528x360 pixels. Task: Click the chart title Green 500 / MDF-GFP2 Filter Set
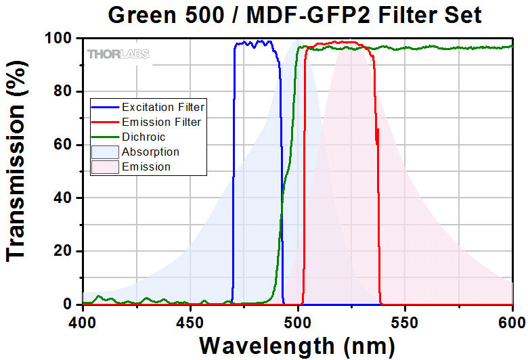tap(297, 15)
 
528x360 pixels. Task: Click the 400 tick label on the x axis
tap(83, 318)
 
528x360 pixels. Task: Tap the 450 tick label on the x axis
tap(190, 318)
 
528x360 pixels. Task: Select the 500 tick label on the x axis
tap(298, 318)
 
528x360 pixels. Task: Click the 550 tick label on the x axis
tap(405, 318)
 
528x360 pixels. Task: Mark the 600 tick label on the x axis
tap(512, 318)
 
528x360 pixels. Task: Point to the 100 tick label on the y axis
tap(61, 39)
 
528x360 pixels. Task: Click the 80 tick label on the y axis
tap(66, 92)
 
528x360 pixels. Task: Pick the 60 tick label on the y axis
tap(66, 145)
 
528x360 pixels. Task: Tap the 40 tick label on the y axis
tap(66, 198)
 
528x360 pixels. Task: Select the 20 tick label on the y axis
tap(66, 252)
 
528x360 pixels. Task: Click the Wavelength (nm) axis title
tap(297, 344)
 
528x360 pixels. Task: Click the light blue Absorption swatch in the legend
tap(105, 152)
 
